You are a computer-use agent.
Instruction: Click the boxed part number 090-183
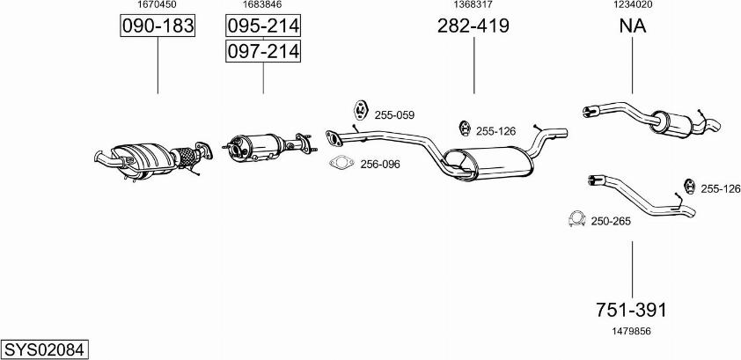point(158,26)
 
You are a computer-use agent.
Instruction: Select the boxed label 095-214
point(263,26)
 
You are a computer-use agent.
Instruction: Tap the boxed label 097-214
point(263,51)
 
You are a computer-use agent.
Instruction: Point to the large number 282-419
point(473,26)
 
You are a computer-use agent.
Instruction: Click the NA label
point(632,26)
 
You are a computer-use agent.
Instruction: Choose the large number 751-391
point(632,310)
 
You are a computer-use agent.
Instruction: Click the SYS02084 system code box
point(44,350)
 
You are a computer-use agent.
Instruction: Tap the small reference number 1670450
point(157,4)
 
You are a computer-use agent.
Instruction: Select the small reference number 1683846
point(262,4)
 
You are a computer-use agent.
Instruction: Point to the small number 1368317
point(473,4)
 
